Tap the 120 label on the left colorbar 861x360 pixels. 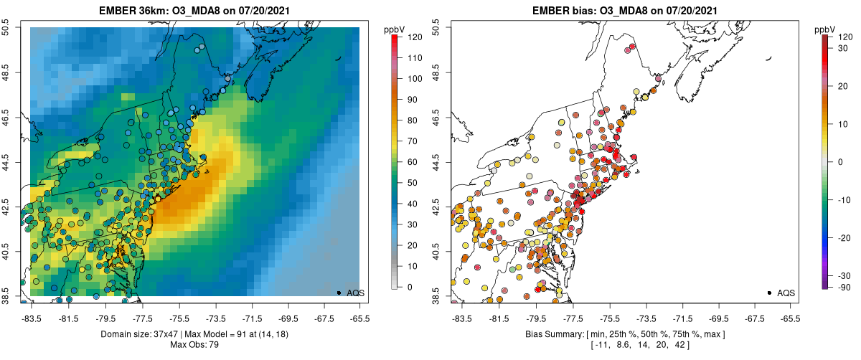[413, 37]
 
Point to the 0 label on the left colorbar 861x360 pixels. [408, 287]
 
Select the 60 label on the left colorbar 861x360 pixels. [411, 161]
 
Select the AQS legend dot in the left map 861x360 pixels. [339, 293]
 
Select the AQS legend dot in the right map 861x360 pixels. [769, 293]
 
